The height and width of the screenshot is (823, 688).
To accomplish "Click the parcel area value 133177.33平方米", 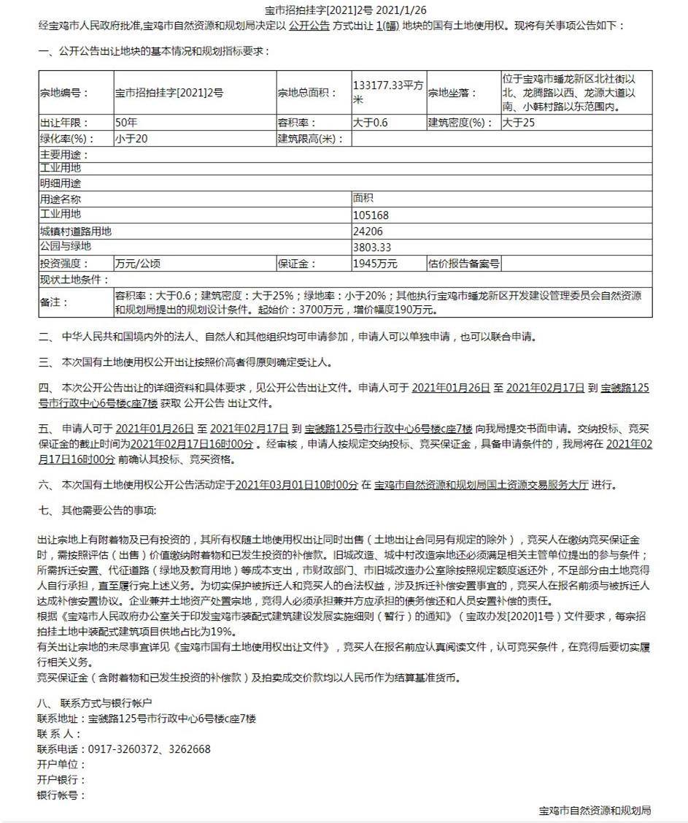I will point(387,92).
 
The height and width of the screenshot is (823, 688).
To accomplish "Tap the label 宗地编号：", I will point(64,93).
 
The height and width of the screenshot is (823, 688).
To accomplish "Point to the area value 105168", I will point(371,215).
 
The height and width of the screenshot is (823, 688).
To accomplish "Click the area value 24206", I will point(368,231).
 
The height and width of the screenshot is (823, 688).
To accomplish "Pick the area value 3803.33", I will point(372,247).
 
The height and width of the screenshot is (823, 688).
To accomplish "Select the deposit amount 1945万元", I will point(375,264).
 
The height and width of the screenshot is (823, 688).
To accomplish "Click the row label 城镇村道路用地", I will point(76,231).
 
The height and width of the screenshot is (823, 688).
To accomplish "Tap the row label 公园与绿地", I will point(66,247).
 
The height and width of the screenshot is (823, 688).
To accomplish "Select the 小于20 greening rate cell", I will point(131,139).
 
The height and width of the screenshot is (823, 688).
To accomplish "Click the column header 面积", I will point(363,199).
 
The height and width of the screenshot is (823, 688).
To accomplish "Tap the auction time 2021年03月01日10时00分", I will point(298,484).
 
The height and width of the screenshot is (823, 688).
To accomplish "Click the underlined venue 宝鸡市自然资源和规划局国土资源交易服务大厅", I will point(481,484).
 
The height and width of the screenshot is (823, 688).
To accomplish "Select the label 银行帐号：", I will point(61,795).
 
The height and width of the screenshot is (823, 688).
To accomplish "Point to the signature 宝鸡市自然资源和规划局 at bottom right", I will point(595,811).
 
